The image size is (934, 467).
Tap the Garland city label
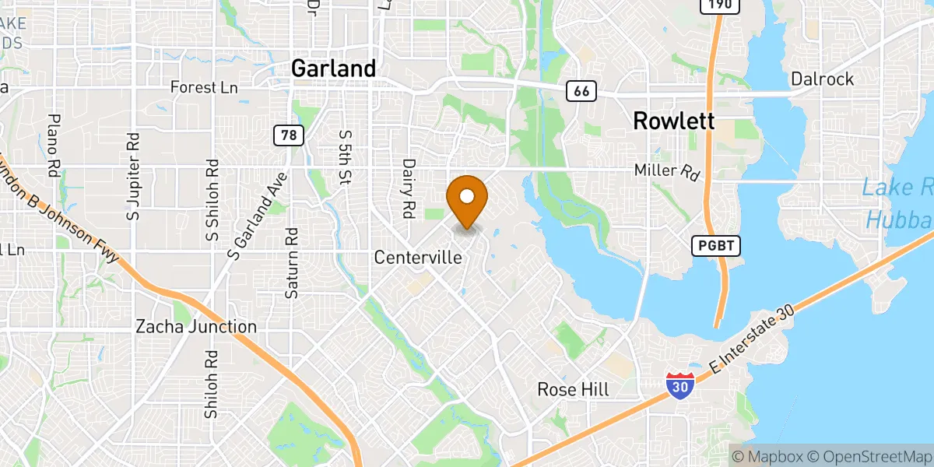click(333, 68)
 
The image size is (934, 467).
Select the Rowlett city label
click(673, 121)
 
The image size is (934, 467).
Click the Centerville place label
click(418, 257)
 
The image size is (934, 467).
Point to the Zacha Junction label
click(195, 327)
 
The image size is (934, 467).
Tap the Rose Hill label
click(575, 388)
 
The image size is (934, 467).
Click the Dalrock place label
click(822, 79)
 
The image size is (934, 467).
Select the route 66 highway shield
click(581, 91)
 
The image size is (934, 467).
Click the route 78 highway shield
click(288, 135)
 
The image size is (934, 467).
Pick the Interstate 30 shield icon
click(680, 385)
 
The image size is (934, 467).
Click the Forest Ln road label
click(204, 87)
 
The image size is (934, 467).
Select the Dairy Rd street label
click(408, 188)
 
